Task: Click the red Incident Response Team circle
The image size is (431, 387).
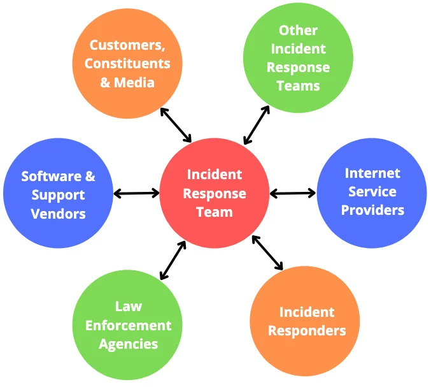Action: pyautogui.click(x=215, y=193)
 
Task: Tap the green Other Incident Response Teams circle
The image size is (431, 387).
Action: pyautogui.click(x=298, y=58)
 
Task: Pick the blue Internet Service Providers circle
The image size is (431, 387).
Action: pyautogui.click(x=372, y=192)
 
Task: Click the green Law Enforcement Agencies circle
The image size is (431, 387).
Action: pyautogui.click(x=128, y=326)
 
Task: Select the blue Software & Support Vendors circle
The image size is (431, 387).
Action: pyautogui.click(x=59, y=194)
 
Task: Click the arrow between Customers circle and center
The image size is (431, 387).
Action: pyautogui.click(x=176, y=125)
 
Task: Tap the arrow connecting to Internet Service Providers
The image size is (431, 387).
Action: pyautogui.click(x=293, y=193)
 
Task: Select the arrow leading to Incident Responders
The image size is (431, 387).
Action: pyautogui.click(x=267, y=253)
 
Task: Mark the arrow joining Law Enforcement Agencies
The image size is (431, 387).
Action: pyautogui.click(x=173, y=260)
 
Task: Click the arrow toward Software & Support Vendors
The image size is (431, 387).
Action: pyautogui.click(x=137, y=193)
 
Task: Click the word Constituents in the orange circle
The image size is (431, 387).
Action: pyautogui.click(x=127, y=63)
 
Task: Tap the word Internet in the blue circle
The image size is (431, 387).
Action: pyautogui.click(x=372, y=173)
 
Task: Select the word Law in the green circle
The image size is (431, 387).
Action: pyautogui.click(x=128, y=306)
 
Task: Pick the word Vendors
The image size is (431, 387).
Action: pyautogui.click(x=58, y=214)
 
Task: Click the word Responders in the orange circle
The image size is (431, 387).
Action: pyautogui.click(x=307, y=331)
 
